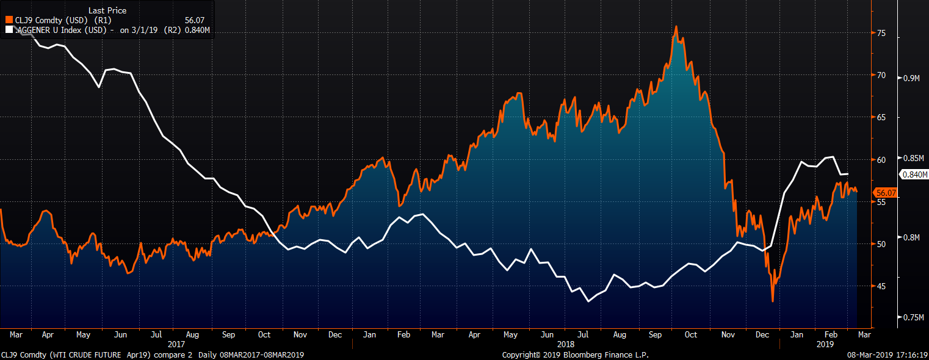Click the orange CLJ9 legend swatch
pyautogui.click(x=9, y=20)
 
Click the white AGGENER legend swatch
pyautogui.click(x=9, y=29)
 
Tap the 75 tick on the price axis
pyautogui.click(x=881, y=34)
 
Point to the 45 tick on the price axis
pyautogui.click(x=881, y=286)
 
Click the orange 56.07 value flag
pyautogui.click(x=886, y=193)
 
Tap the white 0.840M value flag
pyautogui.click(x=914, y=174)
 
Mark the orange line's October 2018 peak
pyautogui.click(x=676, y=27)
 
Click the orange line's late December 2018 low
pyautogui.click(x=772, y=301)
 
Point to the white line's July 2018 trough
pyautogui.click(x=588, y=301)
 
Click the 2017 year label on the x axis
pyautogui.click(x=176, y=344)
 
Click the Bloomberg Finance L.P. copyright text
pyautogui.click(x=575, y=355)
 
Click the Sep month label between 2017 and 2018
pyautogui.click(x=229, y=334)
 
